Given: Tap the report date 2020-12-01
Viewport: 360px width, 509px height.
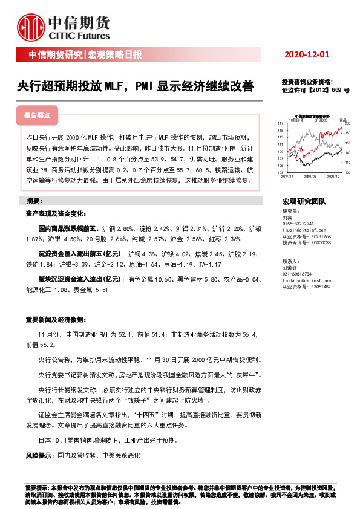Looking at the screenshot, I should coord(307,55).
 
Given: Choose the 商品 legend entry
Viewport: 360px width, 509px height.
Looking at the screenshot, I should coord(341,120).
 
